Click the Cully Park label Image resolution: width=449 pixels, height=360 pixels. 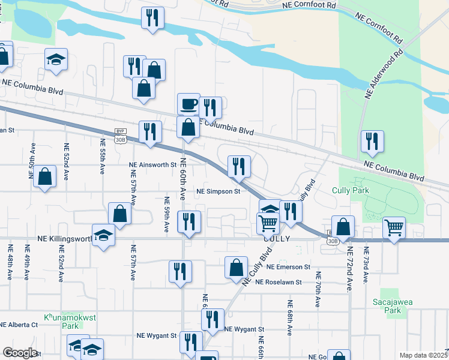[350, 190]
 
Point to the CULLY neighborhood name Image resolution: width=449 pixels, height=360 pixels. [277, 238]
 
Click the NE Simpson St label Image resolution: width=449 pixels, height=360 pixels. [218, 191]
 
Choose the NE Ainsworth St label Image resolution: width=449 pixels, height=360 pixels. [153, 164]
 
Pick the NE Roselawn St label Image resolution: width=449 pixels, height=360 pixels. [277, 281]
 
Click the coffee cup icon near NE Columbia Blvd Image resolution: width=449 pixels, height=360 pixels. [188, 104]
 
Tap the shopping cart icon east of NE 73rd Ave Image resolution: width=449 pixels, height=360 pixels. [394, 227]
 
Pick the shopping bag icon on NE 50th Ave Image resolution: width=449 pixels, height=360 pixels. [45, 176]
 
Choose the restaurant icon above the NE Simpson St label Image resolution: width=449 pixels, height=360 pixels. [239, 166]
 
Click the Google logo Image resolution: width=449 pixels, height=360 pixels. [20, 353]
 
